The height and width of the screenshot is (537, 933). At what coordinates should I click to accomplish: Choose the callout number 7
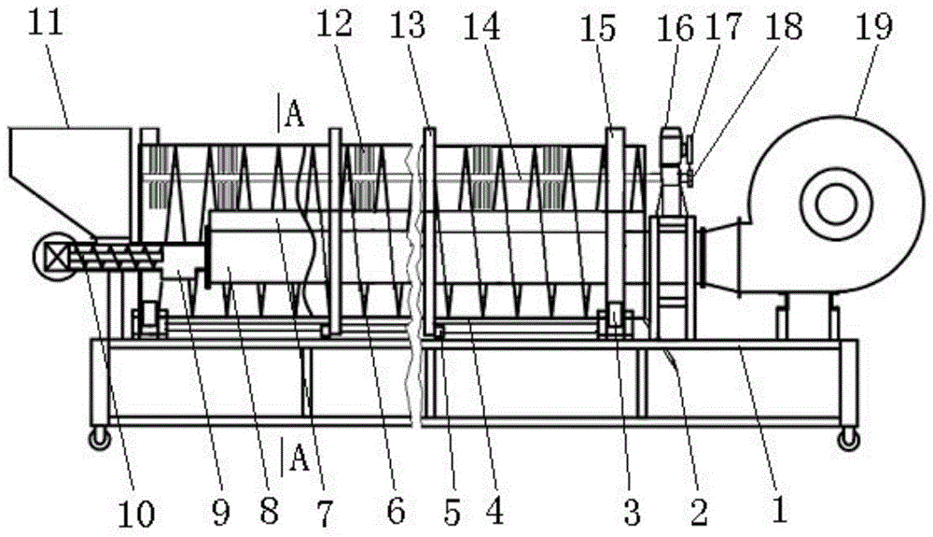click(325, 509)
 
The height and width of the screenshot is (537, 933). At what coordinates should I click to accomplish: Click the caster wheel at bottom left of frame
click(96, 438)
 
